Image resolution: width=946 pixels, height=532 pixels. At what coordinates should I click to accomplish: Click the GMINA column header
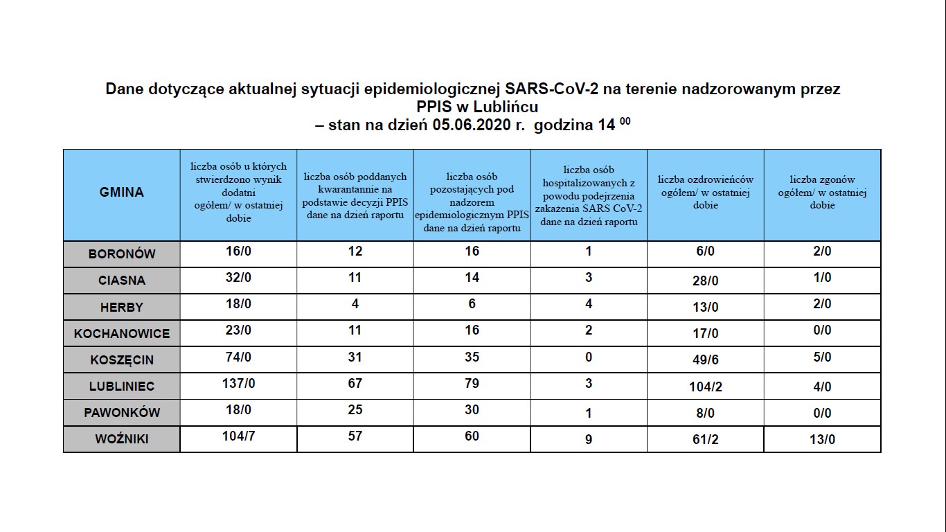tap(121, 193)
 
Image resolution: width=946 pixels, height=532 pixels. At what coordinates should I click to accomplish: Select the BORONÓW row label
tap(122, 254)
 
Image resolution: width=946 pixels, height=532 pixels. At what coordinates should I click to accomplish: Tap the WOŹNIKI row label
tap(122, 439)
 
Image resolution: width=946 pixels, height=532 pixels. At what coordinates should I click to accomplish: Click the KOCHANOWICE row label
tap(122, 334)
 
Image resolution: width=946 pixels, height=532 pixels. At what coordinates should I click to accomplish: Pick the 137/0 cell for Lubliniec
tap(238, 384)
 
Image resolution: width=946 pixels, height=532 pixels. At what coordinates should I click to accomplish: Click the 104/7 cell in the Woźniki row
tap(238, 436)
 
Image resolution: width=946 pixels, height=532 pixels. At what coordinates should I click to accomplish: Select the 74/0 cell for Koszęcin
tap(238, 357)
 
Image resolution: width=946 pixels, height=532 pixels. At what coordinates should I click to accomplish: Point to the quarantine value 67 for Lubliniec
tap(355, 384)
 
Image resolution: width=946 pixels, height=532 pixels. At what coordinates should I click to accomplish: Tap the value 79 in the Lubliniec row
tap(472, 384)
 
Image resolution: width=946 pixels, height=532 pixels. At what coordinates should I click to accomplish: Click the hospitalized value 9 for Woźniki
tap(589, 439)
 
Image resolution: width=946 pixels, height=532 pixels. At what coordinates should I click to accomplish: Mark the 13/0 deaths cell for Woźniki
tap(822, 439)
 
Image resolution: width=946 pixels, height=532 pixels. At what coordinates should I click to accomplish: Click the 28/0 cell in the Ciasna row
tap(705, 281)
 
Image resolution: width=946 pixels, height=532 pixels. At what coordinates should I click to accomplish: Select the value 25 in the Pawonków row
tap(355, 410)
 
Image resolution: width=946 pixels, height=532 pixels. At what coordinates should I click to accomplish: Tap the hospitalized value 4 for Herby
tap(589, 303)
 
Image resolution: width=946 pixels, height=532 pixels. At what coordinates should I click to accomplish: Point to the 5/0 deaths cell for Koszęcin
tap(822, 357)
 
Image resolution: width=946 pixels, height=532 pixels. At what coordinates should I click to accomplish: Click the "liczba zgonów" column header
tap(822, 193)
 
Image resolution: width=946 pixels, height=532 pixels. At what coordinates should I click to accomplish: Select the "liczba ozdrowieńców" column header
tap(705, 193)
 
